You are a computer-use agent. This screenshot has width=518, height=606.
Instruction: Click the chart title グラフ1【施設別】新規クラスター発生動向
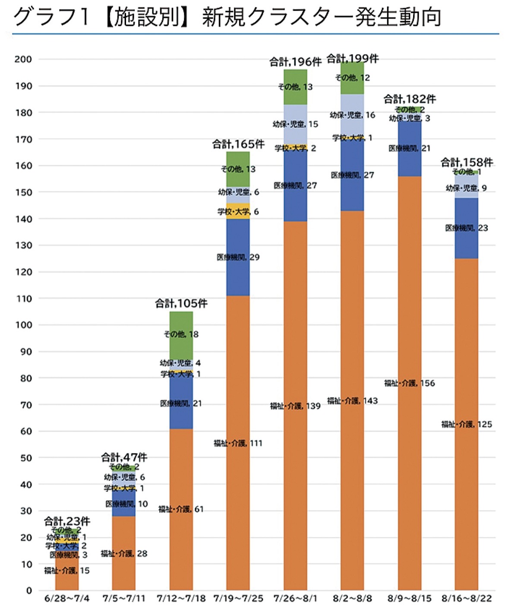coord(227,17)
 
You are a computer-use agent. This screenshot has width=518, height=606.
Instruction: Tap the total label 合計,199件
coord(353,59)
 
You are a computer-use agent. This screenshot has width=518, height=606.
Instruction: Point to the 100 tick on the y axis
coord(24,325)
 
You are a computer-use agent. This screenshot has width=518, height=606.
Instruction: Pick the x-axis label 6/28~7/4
coord(67,598)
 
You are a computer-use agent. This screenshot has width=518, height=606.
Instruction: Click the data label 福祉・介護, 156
coord(410,383)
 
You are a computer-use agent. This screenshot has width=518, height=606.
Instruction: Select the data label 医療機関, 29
coord(238,257)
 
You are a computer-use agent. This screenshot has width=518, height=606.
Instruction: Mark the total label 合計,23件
coord(67,521)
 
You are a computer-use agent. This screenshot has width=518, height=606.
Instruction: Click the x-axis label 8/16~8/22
coord(467,598)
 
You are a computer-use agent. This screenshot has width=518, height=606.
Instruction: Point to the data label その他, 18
coord(181,334)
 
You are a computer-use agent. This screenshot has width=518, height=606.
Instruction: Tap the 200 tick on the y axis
coord(24,60)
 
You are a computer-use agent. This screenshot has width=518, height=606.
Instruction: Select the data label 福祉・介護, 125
coord(467,425)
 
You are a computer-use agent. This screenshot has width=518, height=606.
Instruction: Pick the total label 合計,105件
coord(181,304)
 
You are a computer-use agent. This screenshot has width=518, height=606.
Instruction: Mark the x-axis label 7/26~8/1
coord(295,598)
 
